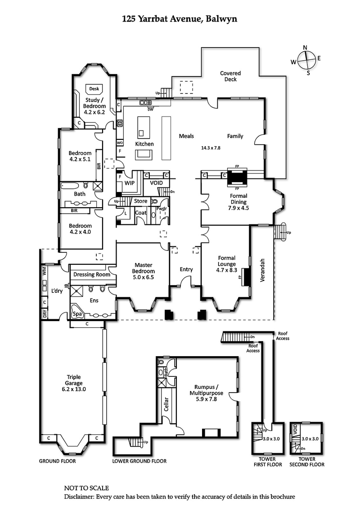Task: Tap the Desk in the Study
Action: [94, 89]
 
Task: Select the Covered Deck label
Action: [230, 76]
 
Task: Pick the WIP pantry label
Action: [130, 183]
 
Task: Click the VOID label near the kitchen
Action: [156, 183]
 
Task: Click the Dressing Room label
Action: [92, 274]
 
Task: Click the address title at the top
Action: [180, 19]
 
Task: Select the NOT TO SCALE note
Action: [86, 488]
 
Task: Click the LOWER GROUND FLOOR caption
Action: [139, 461]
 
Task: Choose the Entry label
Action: [186, 269]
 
